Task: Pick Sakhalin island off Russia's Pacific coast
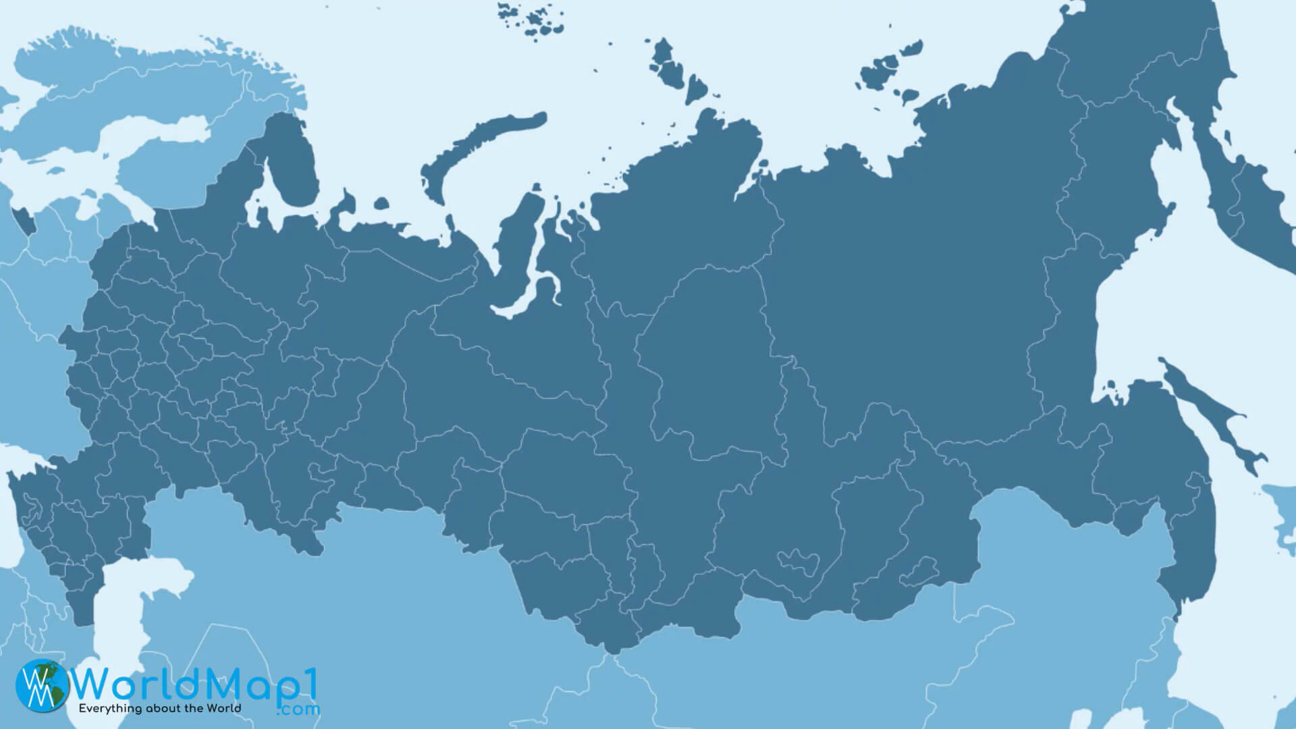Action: pos(1208,412)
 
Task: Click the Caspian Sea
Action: pos(122,607)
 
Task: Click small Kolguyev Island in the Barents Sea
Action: pos(381,202)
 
